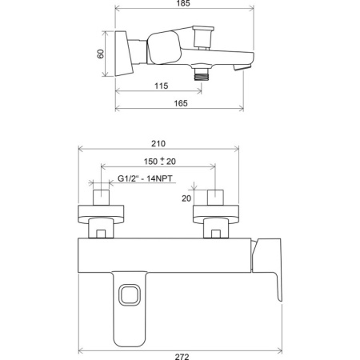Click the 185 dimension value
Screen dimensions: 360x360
click(183, 3)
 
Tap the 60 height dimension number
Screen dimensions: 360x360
click(101, 54)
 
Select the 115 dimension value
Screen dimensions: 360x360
click(162, 86)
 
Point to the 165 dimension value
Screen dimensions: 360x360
click(181, 103)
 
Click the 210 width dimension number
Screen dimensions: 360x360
click(158, 143)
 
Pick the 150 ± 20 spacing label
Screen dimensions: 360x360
click(160, 161)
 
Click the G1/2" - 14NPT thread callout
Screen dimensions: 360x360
click(145, 178)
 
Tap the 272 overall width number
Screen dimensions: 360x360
click(182, 357)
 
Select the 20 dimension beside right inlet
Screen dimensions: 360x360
click(186, 198)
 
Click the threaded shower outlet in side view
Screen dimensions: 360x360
click(202, 74)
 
